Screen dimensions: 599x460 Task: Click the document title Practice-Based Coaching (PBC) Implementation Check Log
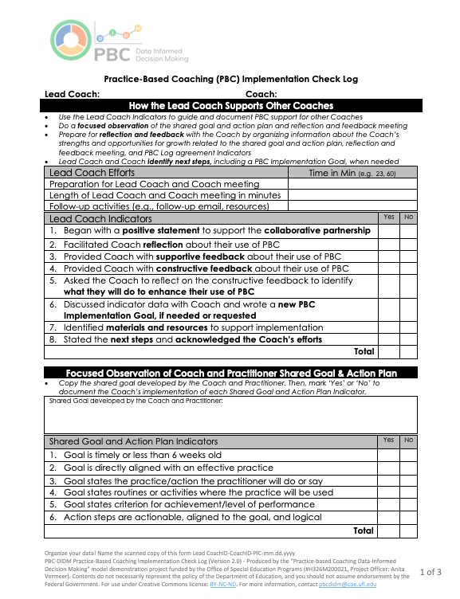231,80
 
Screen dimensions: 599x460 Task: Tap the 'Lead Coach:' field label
72,94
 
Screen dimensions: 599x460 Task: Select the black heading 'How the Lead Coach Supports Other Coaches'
231,106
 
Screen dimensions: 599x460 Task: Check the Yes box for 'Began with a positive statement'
388,230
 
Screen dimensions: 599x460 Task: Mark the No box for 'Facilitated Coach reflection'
408,245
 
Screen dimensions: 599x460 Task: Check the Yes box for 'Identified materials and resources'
388,327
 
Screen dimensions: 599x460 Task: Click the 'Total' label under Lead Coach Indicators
364,350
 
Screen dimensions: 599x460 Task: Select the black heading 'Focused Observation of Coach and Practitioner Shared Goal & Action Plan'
231,373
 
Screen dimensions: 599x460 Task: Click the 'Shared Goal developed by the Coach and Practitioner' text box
231,416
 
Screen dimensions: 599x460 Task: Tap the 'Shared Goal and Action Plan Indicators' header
134,441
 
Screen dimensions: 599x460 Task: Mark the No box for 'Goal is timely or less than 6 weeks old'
408,455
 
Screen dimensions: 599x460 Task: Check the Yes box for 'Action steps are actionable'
388,516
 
